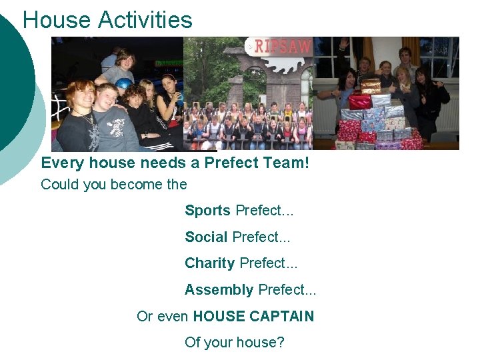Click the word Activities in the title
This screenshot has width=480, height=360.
145,19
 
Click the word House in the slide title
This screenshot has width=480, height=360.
57,19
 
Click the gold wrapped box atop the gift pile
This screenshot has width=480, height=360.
371,86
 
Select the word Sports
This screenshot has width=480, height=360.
207,211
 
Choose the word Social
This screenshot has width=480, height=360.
206,237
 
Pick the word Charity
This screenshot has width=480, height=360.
209,263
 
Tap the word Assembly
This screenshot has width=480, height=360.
219,290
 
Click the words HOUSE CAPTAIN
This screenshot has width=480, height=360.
253,316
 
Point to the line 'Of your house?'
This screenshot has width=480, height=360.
234,343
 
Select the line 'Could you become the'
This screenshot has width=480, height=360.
114,184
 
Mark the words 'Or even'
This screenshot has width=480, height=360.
163,316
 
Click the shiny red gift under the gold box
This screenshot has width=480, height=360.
360,101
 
